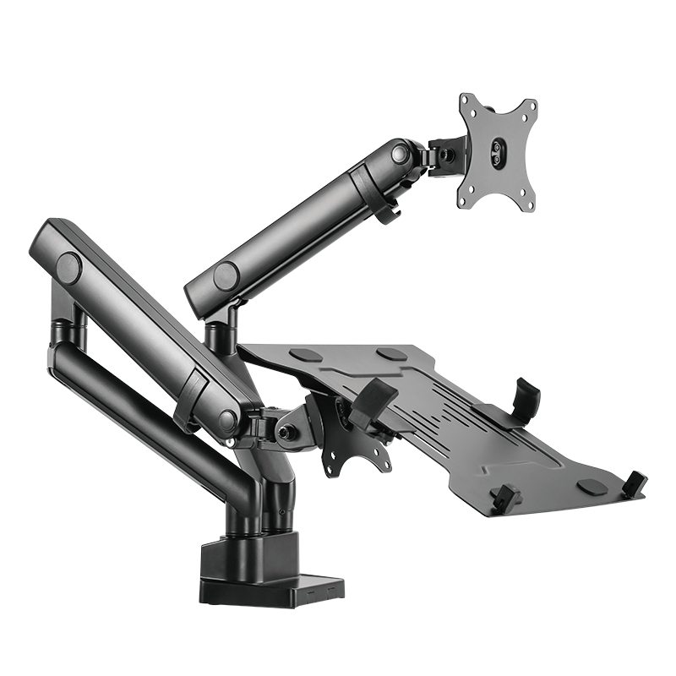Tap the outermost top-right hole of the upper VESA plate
tap(532, 105)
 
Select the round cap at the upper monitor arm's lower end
tap(226, 275)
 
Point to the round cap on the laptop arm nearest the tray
tap(226, 419)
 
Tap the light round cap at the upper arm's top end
tap(400, 155)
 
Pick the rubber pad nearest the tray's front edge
tap(591, 487)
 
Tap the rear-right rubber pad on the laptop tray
tap(390, 354)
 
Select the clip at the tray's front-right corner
tap(635, 483)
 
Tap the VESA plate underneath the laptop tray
tap(359, 439)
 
